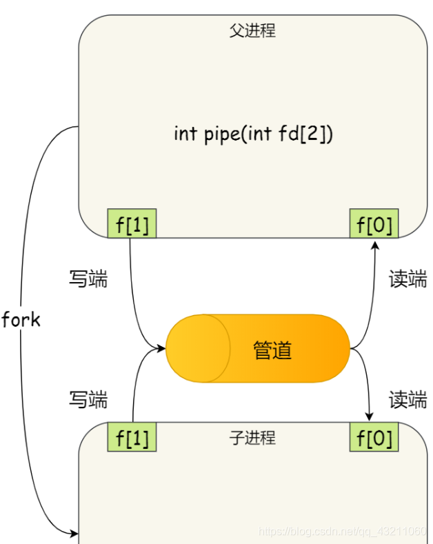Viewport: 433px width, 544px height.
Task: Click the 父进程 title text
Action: coord(252,31)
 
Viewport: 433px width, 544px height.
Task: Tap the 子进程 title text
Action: coord(252,437)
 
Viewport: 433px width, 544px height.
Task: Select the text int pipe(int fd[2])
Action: coord(253,132)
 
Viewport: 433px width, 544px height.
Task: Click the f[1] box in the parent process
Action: coord(132,223)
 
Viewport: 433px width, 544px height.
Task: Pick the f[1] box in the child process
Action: coord(132,437)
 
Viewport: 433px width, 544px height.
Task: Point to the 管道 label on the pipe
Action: coord(272,350)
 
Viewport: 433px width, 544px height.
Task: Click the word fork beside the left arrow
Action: coord(21,320)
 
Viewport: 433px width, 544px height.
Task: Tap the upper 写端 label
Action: coord(88,279)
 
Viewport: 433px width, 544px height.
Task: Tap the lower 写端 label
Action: coord(88,399)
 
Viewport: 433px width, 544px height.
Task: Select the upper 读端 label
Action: coord(407,279)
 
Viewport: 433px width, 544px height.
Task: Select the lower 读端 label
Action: coord(407,399)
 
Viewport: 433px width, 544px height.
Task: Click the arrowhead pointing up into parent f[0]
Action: coord(374,244)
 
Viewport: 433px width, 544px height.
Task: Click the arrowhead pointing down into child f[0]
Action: coord(370,416)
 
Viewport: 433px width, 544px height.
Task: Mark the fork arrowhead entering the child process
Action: coord(74,532)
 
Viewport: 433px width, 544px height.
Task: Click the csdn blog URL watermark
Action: coord(342,531)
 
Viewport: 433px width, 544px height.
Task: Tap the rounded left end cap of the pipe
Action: coord(186,348)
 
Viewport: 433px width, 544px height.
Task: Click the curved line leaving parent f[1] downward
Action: coord(134,290)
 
